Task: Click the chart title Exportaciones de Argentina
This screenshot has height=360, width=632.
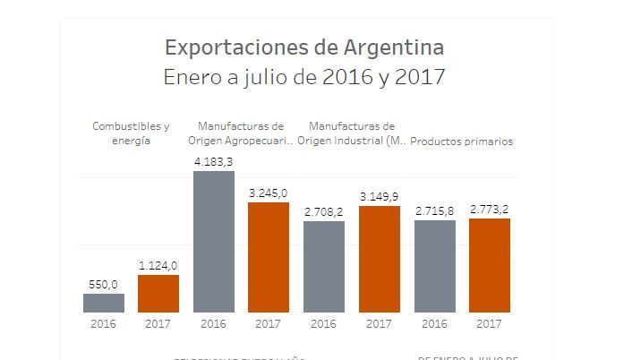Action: [304, 46]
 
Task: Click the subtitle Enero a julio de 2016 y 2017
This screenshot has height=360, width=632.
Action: [304, 77]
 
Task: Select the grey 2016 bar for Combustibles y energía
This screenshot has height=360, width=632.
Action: [104, 303]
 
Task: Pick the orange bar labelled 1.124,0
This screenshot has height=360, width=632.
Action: [158, 294]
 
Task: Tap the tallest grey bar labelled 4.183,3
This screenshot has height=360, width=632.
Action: [214, 242]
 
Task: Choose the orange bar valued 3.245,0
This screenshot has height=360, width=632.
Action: [269, 258]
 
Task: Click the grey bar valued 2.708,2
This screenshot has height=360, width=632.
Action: [324, 267]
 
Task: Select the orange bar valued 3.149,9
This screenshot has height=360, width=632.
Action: [380, 260]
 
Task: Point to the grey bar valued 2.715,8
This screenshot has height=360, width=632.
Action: [435, 267]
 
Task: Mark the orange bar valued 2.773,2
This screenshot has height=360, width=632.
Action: [490, 266]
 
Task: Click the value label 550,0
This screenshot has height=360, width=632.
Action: [103, 285]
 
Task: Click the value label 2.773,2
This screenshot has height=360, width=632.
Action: [490, 210]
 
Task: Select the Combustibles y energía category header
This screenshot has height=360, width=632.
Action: [131, 133]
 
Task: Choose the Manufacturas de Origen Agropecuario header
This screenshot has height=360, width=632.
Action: [241, 133]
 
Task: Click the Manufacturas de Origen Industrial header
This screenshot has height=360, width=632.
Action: [351, 133]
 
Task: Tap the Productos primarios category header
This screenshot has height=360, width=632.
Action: [462, 141]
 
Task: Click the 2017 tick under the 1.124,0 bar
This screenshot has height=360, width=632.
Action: [158, 323]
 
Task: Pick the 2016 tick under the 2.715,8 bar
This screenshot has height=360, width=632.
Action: [435, 323]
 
